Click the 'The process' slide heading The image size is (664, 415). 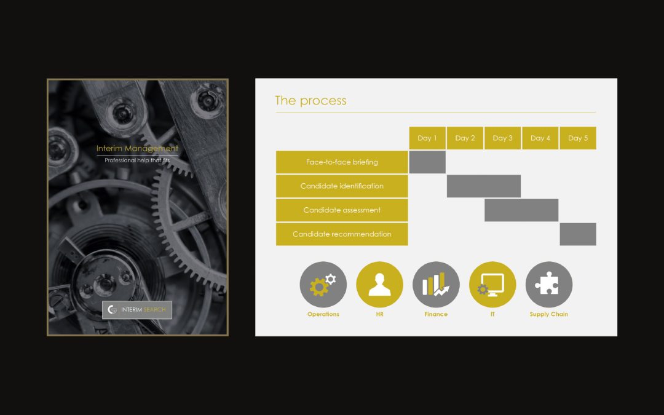click(x=310, y=101)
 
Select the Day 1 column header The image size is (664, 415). click(x=427, y=138)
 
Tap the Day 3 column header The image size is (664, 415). click(x=503, y=138)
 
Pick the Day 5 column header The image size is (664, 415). click(x=578, y=138)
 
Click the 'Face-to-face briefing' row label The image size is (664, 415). click(x=342, y=162)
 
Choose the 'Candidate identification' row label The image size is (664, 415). click(x=342, y=186)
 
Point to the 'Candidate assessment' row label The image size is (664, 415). click(x=342, y=210)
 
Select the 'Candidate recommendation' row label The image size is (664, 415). click(x=342, y=234)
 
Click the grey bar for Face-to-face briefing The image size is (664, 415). click(x=427, y=162)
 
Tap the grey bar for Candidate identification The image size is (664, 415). click(x=484, y=186)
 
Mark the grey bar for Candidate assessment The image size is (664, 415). click(x=521, y=210)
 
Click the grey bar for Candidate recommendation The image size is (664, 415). click(x=578, y=234)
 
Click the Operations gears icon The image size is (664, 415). click(x=323, y=285)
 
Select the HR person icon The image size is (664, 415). click(x=379, y=285)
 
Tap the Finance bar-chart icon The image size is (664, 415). click(x=436, y=285)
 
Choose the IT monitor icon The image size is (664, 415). click(x=492, y=285)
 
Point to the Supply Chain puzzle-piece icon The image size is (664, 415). click(x=549, y=285)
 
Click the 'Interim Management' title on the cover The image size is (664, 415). click(x=137, y=149)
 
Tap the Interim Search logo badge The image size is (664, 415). click(x=137, y=309)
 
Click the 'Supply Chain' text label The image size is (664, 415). click(x=549, y=314)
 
